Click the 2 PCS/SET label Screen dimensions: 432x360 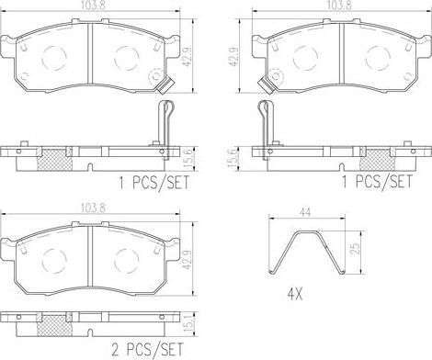point(147,349)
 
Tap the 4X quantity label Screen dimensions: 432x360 point(295,295)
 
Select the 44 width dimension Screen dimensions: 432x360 point(306,212)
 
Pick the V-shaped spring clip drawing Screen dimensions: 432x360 point(307,252)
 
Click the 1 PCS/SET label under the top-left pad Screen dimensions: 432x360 point(154,183)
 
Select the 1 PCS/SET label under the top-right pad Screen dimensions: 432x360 point(377,181)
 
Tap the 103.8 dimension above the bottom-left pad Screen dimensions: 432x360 point(93,208)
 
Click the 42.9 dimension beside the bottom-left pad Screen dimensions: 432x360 point(188,260)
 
